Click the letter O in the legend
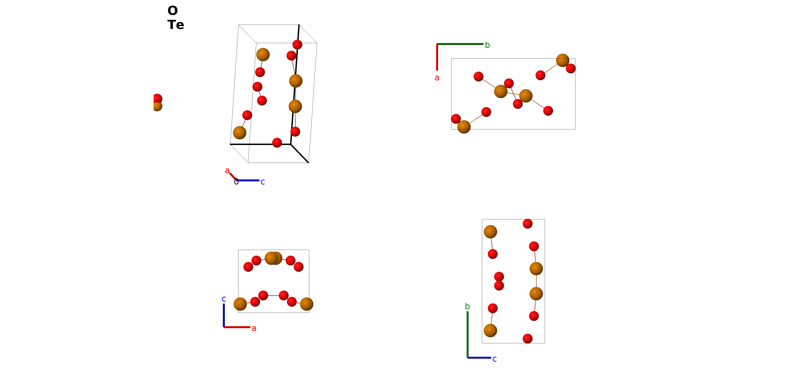coord(173,11)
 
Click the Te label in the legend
coord(176,25)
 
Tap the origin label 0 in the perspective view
coord(236,182)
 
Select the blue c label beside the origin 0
coord(263,182)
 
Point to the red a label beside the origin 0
coord(227,171)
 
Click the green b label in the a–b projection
coord(487,45)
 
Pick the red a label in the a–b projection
coord(437,78)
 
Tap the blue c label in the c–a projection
coord(224,299)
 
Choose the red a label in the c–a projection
coord(254,328)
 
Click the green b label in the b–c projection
coord(467,306)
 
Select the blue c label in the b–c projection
coord(495,359)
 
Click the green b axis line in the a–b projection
coord(460,44)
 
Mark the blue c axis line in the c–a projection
coord(224,315)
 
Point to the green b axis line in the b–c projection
coord(468,335)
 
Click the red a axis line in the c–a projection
coord(237,327)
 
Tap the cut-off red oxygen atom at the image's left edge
coord(157,99)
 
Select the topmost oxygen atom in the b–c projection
coord(527,224)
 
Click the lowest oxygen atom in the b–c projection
coord(527,339)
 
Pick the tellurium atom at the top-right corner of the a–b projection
coord(563,60)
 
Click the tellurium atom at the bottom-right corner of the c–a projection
coord(307,304)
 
